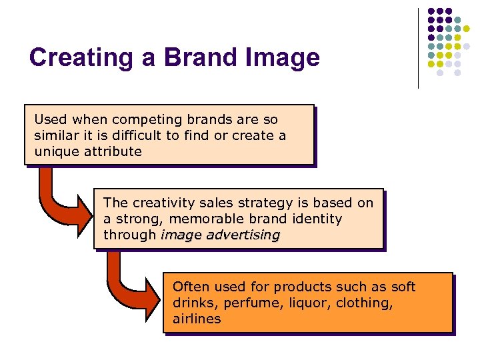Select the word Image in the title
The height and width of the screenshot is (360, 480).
pyautogui.click(x=285, y=58)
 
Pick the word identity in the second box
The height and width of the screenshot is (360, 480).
pyautogui.click(x=317, y=219)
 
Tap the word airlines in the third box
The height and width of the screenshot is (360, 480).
pyautogui.click(x=197, y=319)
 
